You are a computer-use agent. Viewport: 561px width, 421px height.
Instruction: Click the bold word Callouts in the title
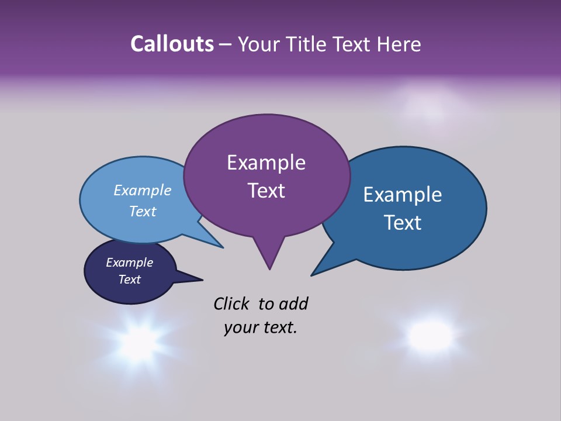(x=172, y=44)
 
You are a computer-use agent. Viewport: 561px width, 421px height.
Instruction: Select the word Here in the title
(x=400, y=44)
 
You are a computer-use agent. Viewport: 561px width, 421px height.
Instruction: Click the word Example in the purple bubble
(x=266, y=163)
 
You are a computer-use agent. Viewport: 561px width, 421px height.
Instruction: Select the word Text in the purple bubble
(x=266, y=191)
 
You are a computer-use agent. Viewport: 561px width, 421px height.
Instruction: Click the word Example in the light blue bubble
(x=143, y=190)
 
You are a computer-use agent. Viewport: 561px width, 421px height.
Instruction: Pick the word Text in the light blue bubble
(x=143, y=211)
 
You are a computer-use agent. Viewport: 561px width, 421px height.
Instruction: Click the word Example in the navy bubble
(x=129, y=263)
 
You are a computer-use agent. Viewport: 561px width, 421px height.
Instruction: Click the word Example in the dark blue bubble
(x=403, y=194)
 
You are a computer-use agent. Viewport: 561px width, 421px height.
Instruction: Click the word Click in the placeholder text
(x=231, y=303)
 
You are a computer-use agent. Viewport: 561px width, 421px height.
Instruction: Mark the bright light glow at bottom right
(x=431, y=335)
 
